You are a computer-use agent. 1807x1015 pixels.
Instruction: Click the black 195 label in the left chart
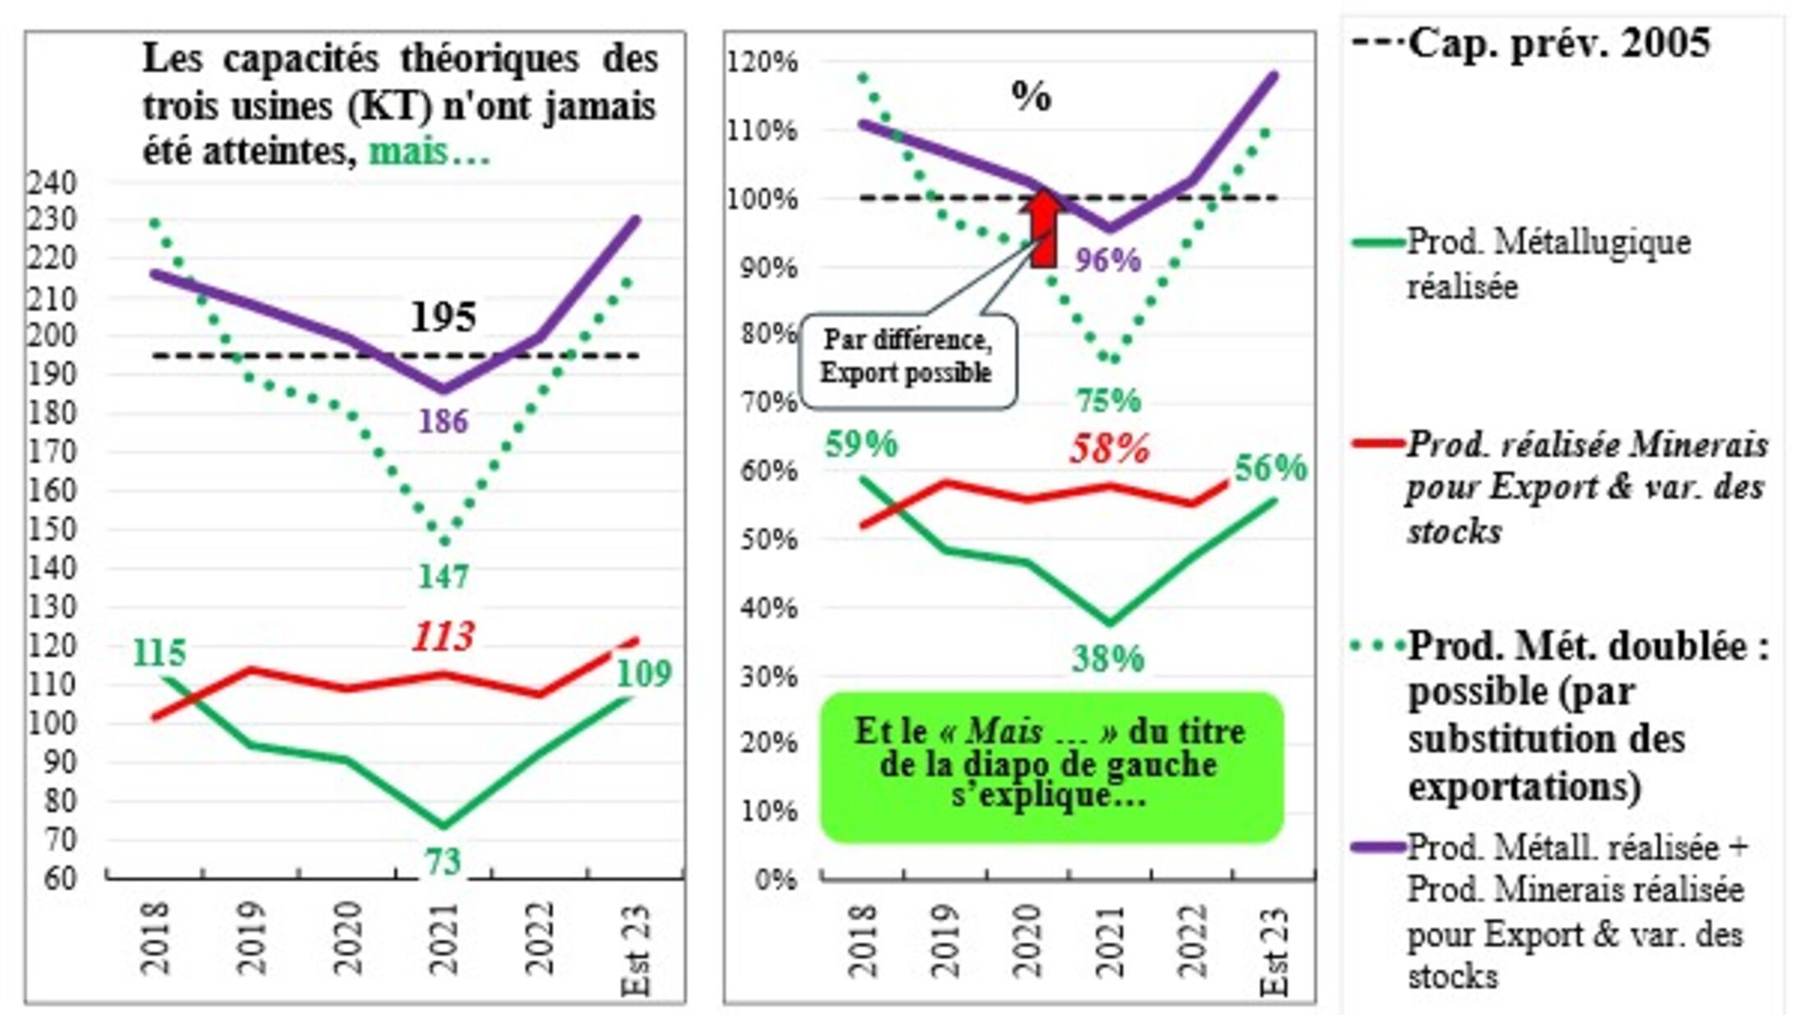(444, 318)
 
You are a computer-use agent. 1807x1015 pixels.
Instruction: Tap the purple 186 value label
(444, 422)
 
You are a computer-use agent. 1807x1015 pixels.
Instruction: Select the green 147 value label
(444, 577)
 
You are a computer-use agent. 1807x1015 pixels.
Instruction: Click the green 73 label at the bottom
(444, 862)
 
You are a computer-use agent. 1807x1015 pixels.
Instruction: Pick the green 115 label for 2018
(159, 654)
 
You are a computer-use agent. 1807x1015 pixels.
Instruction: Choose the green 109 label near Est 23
(644, 674)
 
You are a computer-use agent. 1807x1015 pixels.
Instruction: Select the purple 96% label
(1109, 261)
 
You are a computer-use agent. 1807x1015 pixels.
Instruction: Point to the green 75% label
(1109, 402)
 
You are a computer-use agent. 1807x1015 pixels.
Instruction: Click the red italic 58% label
(1109, 449)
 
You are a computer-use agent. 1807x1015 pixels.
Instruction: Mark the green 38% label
(1109, 659)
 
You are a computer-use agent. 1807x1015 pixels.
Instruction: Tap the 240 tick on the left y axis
(53, 182)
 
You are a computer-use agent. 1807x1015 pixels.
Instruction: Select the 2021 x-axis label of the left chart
(444, 938)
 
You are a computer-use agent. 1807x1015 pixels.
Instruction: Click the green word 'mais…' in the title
(430, 152)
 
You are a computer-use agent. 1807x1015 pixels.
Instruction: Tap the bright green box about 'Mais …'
(1051, 766)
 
